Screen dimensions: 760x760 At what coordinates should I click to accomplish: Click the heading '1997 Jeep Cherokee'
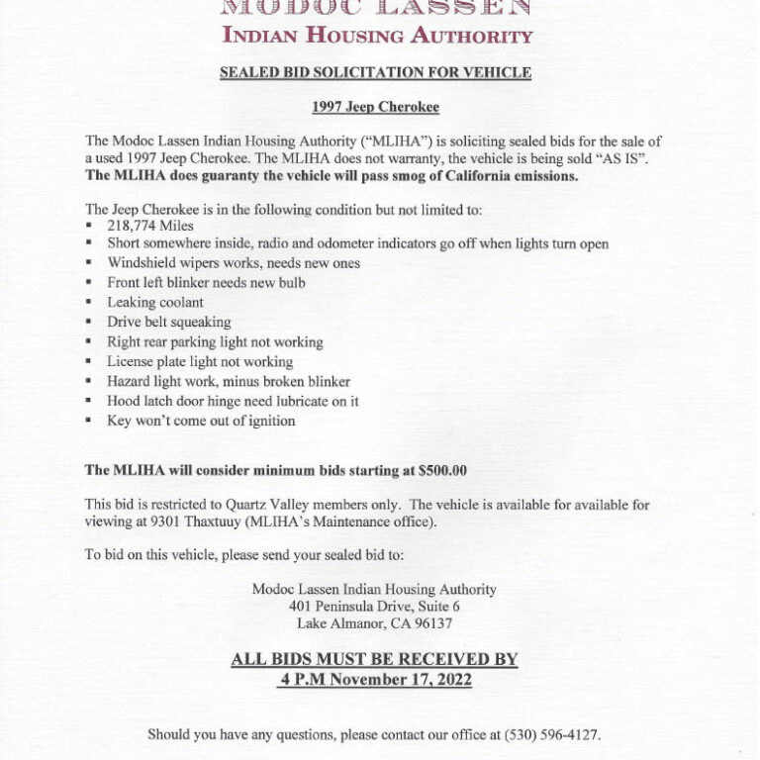click(x=375, y=106)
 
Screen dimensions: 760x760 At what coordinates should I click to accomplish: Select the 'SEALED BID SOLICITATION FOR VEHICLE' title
click(x=375, y=72)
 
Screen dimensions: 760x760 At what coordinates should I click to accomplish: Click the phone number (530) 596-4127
click(x=551, y=735)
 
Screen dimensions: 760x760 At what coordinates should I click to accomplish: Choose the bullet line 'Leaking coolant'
click(x=155, y=302)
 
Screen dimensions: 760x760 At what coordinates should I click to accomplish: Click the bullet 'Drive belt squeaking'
click(x=169, y=322)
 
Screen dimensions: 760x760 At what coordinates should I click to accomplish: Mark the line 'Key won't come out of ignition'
click(x=201, y=421)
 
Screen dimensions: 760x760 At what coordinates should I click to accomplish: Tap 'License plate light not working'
click(x=200, y=361)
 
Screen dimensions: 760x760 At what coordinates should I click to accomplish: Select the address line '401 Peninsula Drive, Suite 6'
click(x=374, y=606)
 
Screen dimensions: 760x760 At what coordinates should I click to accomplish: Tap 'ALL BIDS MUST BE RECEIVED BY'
click(x=374, y=659)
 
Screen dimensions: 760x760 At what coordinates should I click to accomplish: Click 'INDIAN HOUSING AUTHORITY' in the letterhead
click(x=377, y=37)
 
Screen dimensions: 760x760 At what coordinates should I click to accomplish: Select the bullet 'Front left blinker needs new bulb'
click(x=206, y=282)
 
